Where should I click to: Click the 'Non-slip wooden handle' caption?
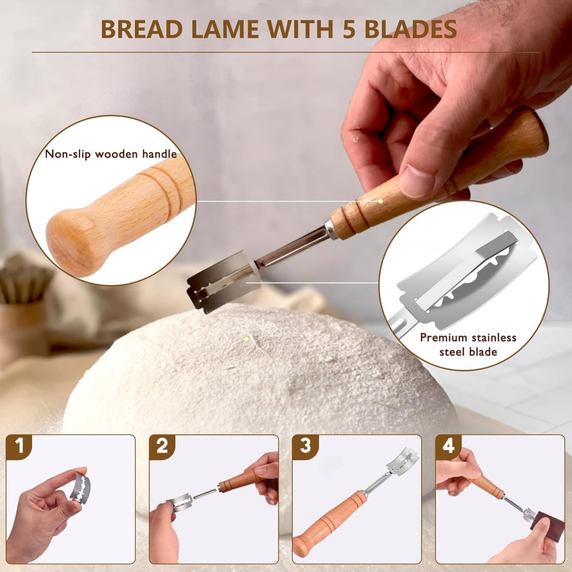click(x=111, y=154)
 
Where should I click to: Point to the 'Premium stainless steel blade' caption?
click(x=468, y=344)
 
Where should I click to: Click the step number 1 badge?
click(x=20, y=447)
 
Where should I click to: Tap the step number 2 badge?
click(x=162, y=447)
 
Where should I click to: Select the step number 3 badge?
click(x=305, y=447)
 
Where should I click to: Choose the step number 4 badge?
click(x=448, y=447)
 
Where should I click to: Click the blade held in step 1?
click(x=81, y=488)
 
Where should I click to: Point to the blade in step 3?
click(x=402, y=461)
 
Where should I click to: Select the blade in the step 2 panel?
click(x=178, y=503)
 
